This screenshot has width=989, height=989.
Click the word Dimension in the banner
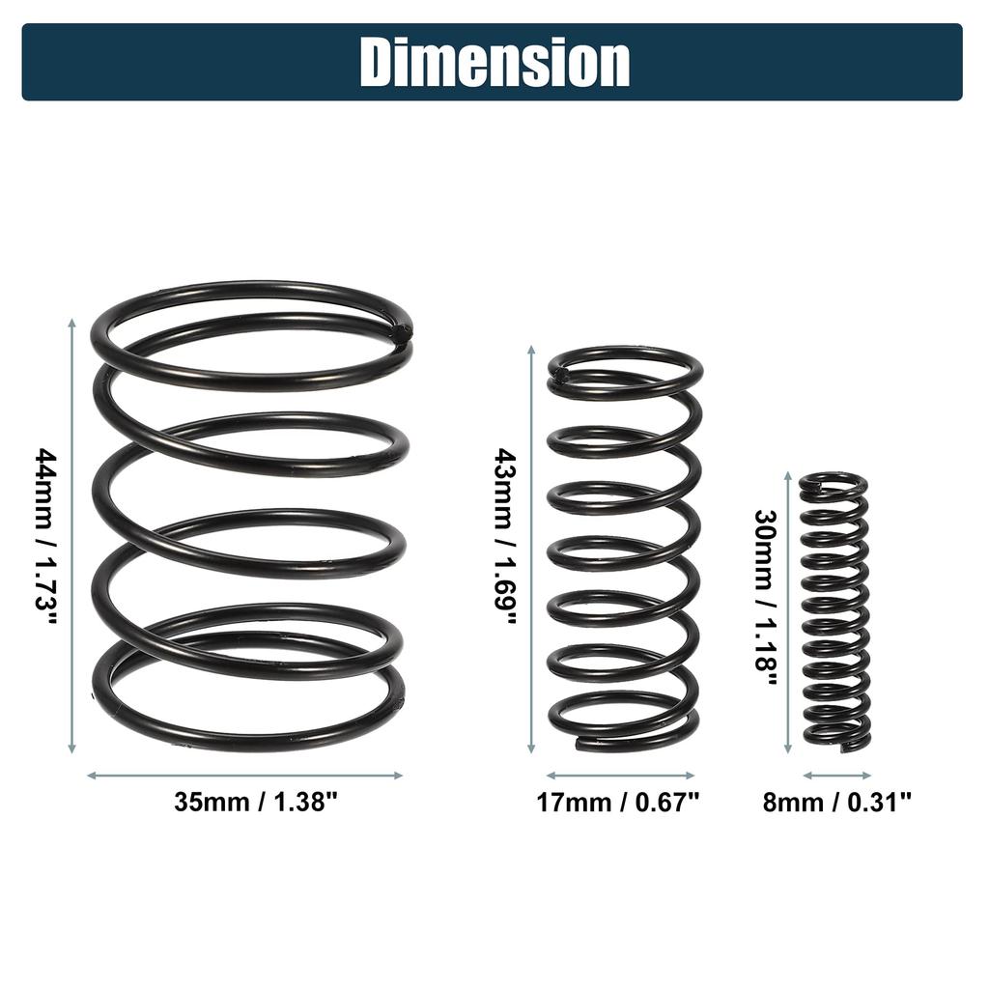pos(494,62)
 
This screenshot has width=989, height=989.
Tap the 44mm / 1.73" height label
pos(46,535)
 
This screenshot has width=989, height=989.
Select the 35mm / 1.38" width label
pos(245,802)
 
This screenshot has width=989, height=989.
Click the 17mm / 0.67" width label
pos(618,802)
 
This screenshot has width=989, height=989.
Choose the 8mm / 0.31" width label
pos(836,802)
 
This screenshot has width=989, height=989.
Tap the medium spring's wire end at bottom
pos(582,744)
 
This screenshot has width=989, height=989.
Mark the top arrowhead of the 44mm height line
pos(71,321)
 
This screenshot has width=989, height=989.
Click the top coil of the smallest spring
pos(833,480)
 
